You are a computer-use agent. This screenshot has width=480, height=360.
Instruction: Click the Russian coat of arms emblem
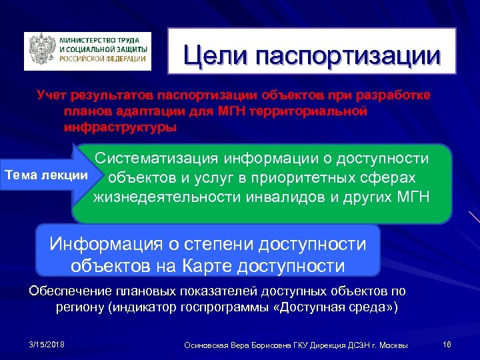[x=41, y=51]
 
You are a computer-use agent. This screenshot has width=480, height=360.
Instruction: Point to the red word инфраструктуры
[x=121, y=127]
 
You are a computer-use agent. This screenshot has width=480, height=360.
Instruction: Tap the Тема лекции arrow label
[x=45, y=175]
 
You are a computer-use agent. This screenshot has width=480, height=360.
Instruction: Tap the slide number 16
[x=447, y=343]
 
